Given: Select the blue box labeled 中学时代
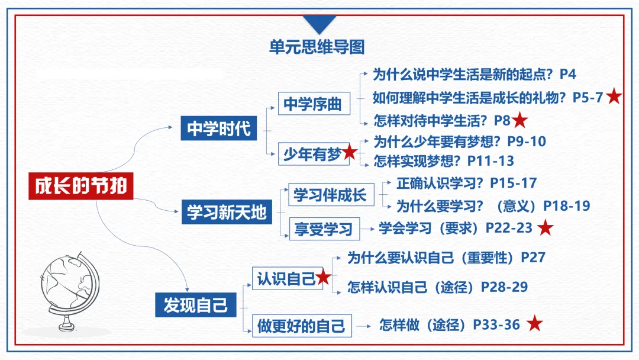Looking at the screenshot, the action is click(x=219, y=128).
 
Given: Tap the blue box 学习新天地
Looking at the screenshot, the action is click(x=227, y=212).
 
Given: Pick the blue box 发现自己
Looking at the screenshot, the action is click(x=195, y=305).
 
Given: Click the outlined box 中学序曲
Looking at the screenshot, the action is click(x=312, y=104).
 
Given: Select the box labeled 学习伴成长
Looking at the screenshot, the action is click(x=331, y=195).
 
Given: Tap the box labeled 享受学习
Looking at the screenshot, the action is click(x=323, y=229).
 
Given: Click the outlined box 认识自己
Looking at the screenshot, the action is click(x=285, y=278).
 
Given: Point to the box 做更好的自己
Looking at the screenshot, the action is click(x=301, y=325).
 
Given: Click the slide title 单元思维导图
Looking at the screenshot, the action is click(x=317, y=47).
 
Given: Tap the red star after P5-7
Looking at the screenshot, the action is click(x=614, y=97).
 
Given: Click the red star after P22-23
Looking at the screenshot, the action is click(x=545, y=228).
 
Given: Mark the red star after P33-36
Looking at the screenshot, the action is click(x=535, y=324).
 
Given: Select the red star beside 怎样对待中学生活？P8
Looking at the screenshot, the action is click(x=520, y=120).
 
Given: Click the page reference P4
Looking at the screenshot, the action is click(x=567, y=74).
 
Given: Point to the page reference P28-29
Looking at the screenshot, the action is click(x=504, y=287).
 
